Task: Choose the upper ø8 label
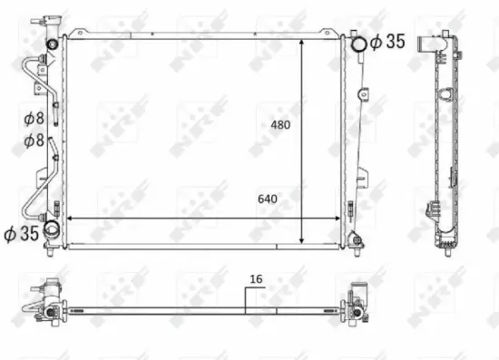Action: coord(33,117)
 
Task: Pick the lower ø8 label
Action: coord(33,140)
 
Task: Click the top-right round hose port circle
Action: coord(358,42)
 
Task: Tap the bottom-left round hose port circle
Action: coord(53,231)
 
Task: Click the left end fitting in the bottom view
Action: coord(47,306)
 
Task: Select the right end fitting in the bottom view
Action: coord(356,306)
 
